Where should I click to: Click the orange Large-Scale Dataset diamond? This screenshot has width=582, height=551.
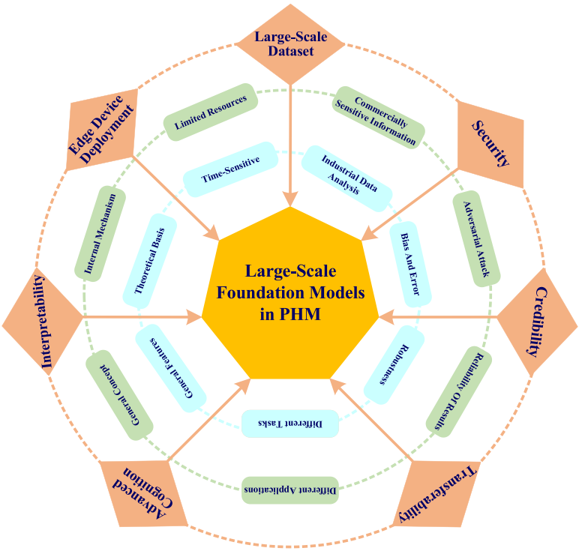289,43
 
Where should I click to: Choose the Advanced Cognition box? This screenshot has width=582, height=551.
139,490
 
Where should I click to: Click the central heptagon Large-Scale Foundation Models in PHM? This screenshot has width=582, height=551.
291,292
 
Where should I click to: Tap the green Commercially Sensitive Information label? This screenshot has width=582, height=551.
379,117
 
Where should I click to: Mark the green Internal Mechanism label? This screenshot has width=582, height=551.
100,234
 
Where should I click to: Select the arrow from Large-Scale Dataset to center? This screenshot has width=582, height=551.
290,142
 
